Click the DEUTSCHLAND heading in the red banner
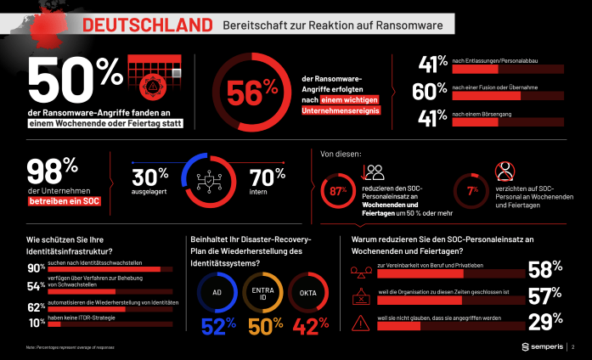pos(147,25)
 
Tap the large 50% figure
pos(75,81)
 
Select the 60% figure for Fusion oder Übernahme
pos(430,90)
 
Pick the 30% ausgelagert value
pos(149,177)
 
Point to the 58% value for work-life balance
pos(546,271)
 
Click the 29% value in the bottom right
pos(546,323)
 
